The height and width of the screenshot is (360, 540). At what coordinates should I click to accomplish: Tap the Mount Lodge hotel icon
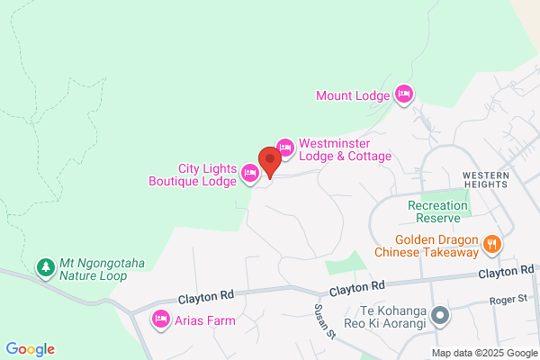click(404, 94)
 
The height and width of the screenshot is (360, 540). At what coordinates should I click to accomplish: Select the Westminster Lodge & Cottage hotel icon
click(285, 147)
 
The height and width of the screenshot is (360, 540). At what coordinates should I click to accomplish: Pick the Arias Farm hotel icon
click(162, 319)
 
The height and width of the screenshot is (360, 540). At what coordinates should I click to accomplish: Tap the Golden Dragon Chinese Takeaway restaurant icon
click(491, 242)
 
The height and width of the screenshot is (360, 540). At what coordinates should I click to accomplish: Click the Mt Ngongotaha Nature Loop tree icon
click(44, 266)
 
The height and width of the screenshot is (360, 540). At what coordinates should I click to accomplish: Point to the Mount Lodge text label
click(353, 94)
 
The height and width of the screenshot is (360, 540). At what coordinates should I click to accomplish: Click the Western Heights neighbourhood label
click(486, 179)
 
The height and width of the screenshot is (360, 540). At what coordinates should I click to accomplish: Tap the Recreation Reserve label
click(438, 211)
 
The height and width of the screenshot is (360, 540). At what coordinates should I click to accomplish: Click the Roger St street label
click(507, 301)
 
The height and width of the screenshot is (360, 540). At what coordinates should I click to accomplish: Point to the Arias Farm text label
click(206, 320)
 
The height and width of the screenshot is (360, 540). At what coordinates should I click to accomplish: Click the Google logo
click(30, 349)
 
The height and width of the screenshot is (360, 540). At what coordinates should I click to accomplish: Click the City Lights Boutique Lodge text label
click(193, 174)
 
